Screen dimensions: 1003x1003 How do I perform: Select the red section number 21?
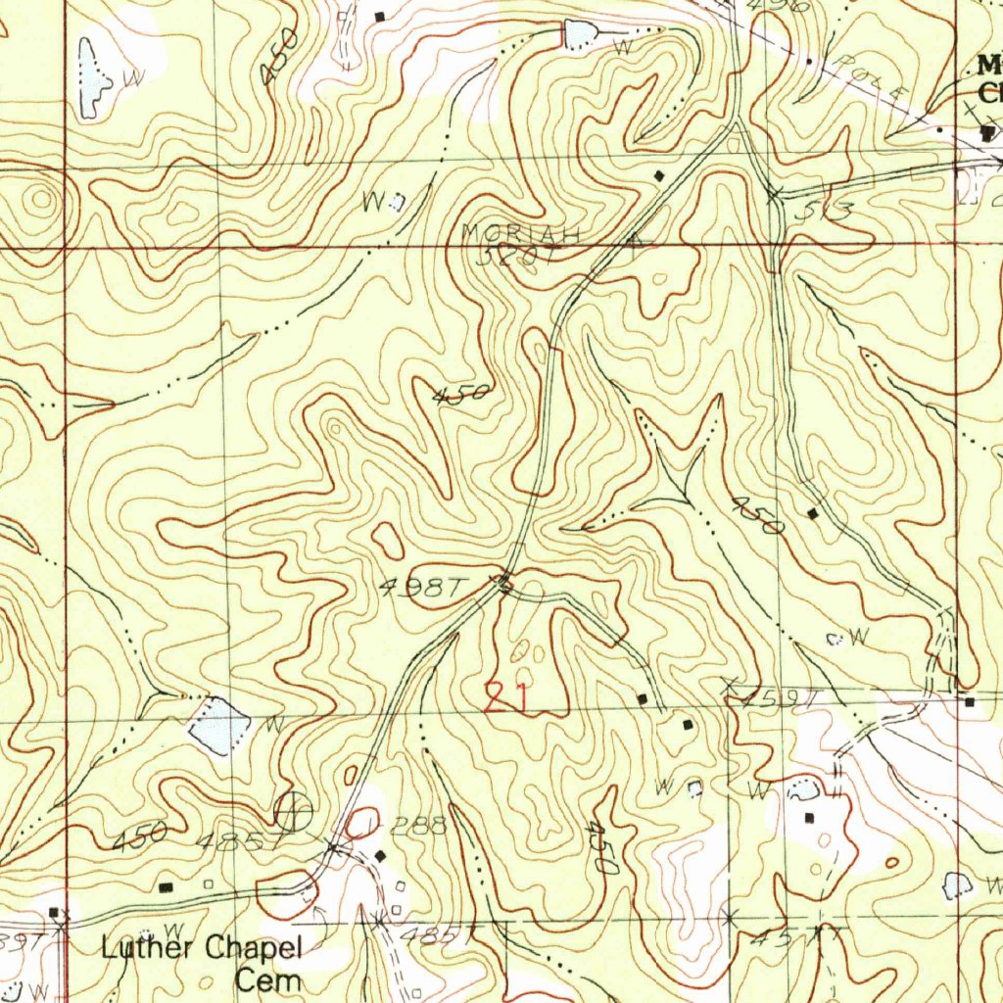(x=507, y=698)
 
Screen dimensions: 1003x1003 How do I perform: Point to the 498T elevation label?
(x=420, y=587)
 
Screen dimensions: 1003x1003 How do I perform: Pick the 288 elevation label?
(x=419, y=826)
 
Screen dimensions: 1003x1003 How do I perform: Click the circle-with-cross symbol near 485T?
(x=293, y=810)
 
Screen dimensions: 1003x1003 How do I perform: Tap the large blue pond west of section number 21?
(x=220, y=726)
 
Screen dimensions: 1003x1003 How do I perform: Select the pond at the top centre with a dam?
(x=579, y=36)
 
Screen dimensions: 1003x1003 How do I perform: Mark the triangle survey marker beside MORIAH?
(x=638, y=238)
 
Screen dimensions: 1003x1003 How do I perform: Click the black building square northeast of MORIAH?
(x=659, y=175)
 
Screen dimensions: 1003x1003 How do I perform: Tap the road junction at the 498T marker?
(x=503, y=585)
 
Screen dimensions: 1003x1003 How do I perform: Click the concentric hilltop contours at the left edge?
(x=39, y=200)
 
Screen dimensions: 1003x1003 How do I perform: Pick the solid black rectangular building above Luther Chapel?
(x=165, y=886)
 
